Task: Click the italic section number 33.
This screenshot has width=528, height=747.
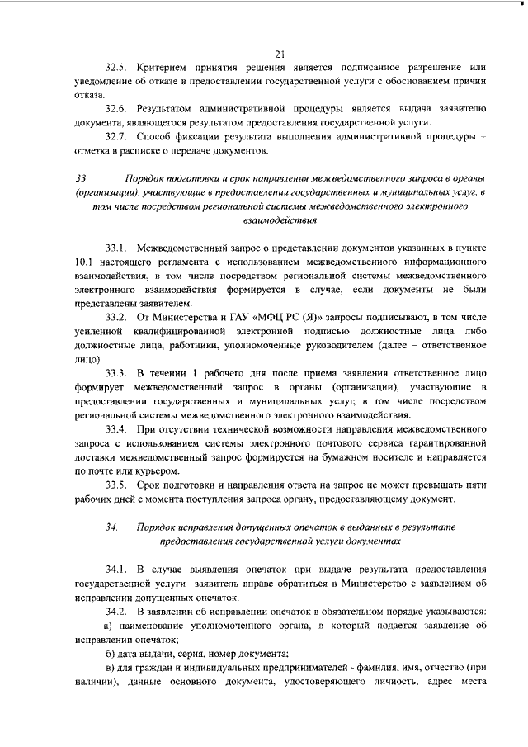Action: [x=81, y=179]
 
